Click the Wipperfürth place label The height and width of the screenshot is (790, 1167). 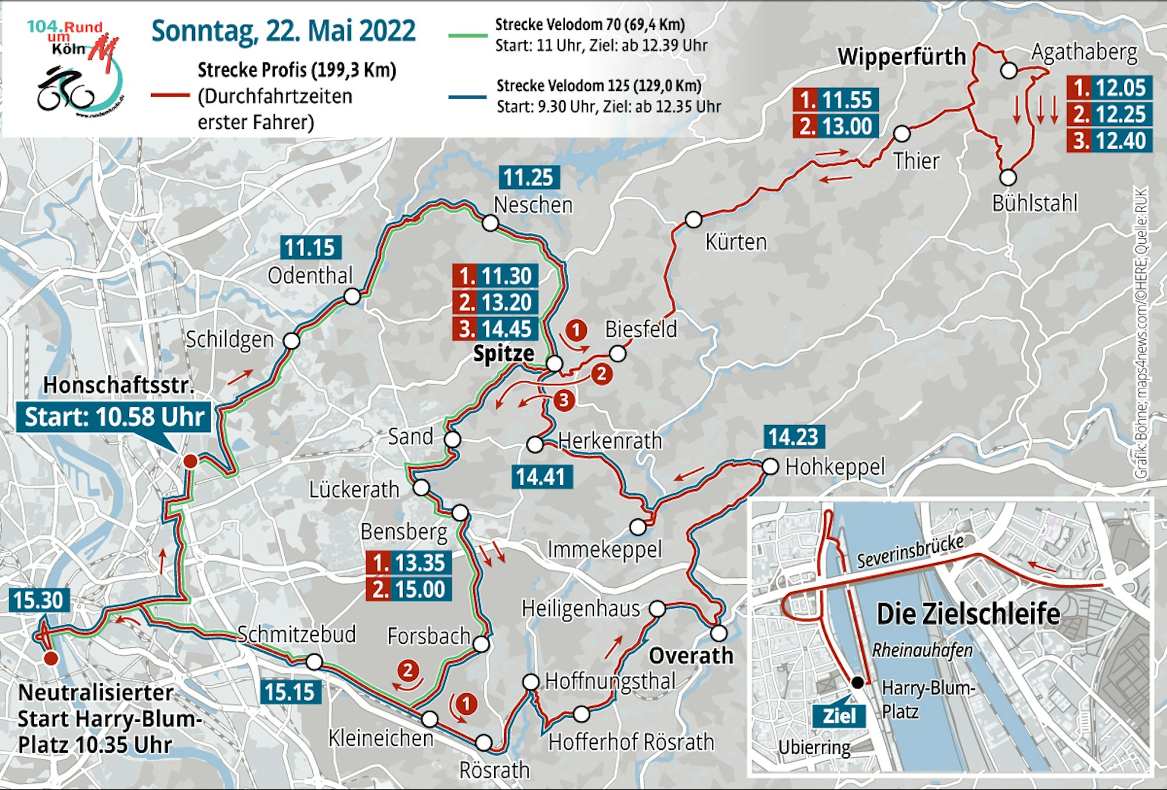tap(902, 57)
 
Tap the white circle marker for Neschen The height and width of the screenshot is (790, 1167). tap(490, 223)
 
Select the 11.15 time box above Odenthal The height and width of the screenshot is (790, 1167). tap(310, 248)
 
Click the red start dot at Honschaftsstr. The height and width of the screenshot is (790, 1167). tap(190, 461)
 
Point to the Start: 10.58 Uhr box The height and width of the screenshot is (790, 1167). tap(114, 417)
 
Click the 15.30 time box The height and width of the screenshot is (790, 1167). tap(39, 601)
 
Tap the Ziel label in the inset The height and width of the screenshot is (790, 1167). tap(838, 716)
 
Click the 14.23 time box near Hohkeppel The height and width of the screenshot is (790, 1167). tap(794, 437)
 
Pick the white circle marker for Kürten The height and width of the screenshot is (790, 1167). tap(693, 220)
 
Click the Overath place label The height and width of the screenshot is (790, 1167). tap(691, 656)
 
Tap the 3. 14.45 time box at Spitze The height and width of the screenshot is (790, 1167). tap(495, 329)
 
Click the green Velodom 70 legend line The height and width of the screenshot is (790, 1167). tap(467, 36)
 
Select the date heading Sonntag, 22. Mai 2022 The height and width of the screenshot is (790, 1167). tap(284, 31)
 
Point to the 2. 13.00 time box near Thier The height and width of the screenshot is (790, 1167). tap(836, 127)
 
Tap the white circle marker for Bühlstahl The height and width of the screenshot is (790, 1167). tap(1008, 177)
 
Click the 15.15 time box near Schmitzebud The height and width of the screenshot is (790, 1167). tap(290, 692)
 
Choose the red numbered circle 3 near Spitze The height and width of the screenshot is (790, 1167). tap(564, 400)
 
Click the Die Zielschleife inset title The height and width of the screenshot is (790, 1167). tap(968, 614)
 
